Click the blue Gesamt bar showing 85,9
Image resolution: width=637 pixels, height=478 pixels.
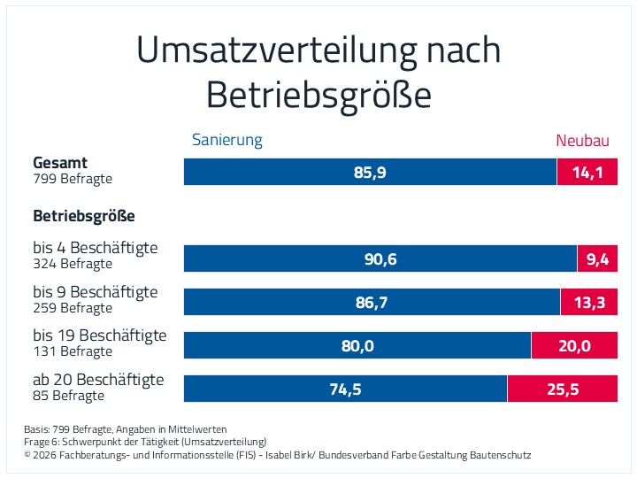[370, 172]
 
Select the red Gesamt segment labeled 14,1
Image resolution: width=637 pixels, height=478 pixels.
[587, 172]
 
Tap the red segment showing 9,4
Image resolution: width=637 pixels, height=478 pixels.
[597, 258]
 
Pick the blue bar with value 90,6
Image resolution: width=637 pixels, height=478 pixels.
[380, 258]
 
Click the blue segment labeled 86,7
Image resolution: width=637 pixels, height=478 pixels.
[372, 302]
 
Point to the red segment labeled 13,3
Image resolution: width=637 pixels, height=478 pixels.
[589, 302]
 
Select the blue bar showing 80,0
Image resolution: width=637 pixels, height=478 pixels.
[357, 345]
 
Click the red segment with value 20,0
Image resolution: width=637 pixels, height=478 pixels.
[574, 345]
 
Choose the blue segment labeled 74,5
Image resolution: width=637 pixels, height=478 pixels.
[345, 389]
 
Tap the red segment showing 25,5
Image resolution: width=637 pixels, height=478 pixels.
[563, 389]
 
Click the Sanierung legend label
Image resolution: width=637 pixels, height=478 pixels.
[227, 140]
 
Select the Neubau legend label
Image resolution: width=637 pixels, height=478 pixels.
[582, 141]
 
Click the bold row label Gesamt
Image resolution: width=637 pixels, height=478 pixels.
[60, 163]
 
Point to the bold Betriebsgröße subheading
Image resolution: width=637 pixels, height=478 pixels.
[84, 216]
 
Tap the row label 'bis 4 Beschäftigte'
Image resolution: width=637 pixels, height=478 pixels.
[96, 248]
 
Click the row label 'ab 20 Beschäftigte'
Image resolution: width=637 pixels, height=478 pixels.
[98, 380]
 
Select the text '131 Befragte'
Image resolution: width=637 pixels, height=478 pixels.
[73, 351]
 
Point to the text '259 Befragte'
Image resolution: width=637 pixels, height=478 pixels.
[73, 308]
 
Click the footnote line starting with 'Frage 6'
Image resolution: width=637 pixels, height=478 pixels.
[145, 442]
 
